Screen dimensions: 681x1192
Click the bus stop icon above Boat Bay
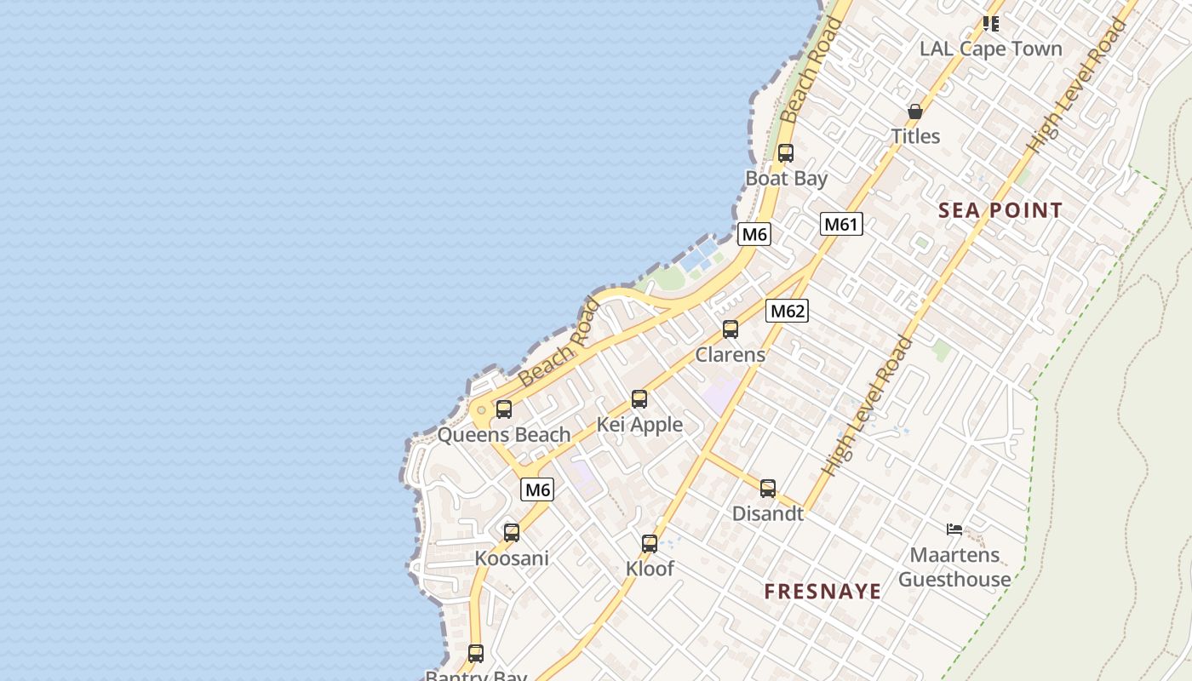pos(786,153)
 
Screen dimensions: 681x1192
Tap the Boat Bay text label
pos(786,179)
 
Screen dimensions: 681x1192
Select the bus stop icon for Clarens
pos(731,329)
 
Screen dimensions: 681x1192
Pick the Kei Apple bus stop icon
pos(639,398)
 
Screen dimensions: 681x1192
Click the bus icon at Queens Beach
pos(504,409)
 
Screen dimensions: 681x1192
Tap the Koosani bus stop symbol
pos(512,533)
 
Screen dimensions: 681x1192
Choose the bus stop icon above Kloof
pos(650,543)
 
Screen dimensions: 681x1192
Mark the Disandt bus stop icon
pos(768,489)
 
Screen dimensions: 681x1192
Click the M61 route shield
pos(841,224)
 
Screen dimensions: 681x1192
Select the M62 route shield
pos(787,311)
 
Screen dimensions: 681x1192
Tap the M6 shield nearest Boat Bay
pos(754,234)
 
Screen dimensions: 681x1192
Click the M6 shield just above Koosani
pos(537,489)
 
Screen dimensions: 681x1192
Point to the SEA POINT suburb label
pos(1000,210)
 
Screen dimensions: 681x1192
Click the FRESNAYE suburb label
pos(822,592)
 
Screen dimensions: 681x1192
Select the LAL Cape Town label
pos(990,49)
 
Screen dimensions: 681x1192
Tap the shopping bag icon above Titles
pos(915,112)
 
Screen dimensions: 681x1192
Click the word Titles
pos(915,136)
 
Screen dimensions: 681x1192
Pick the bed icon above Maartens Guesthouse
pos(954,529)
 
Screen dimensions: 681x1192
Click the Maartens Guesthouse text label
pos(954,568)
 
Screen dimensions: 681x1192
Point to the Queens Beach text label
pos(504,435)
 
